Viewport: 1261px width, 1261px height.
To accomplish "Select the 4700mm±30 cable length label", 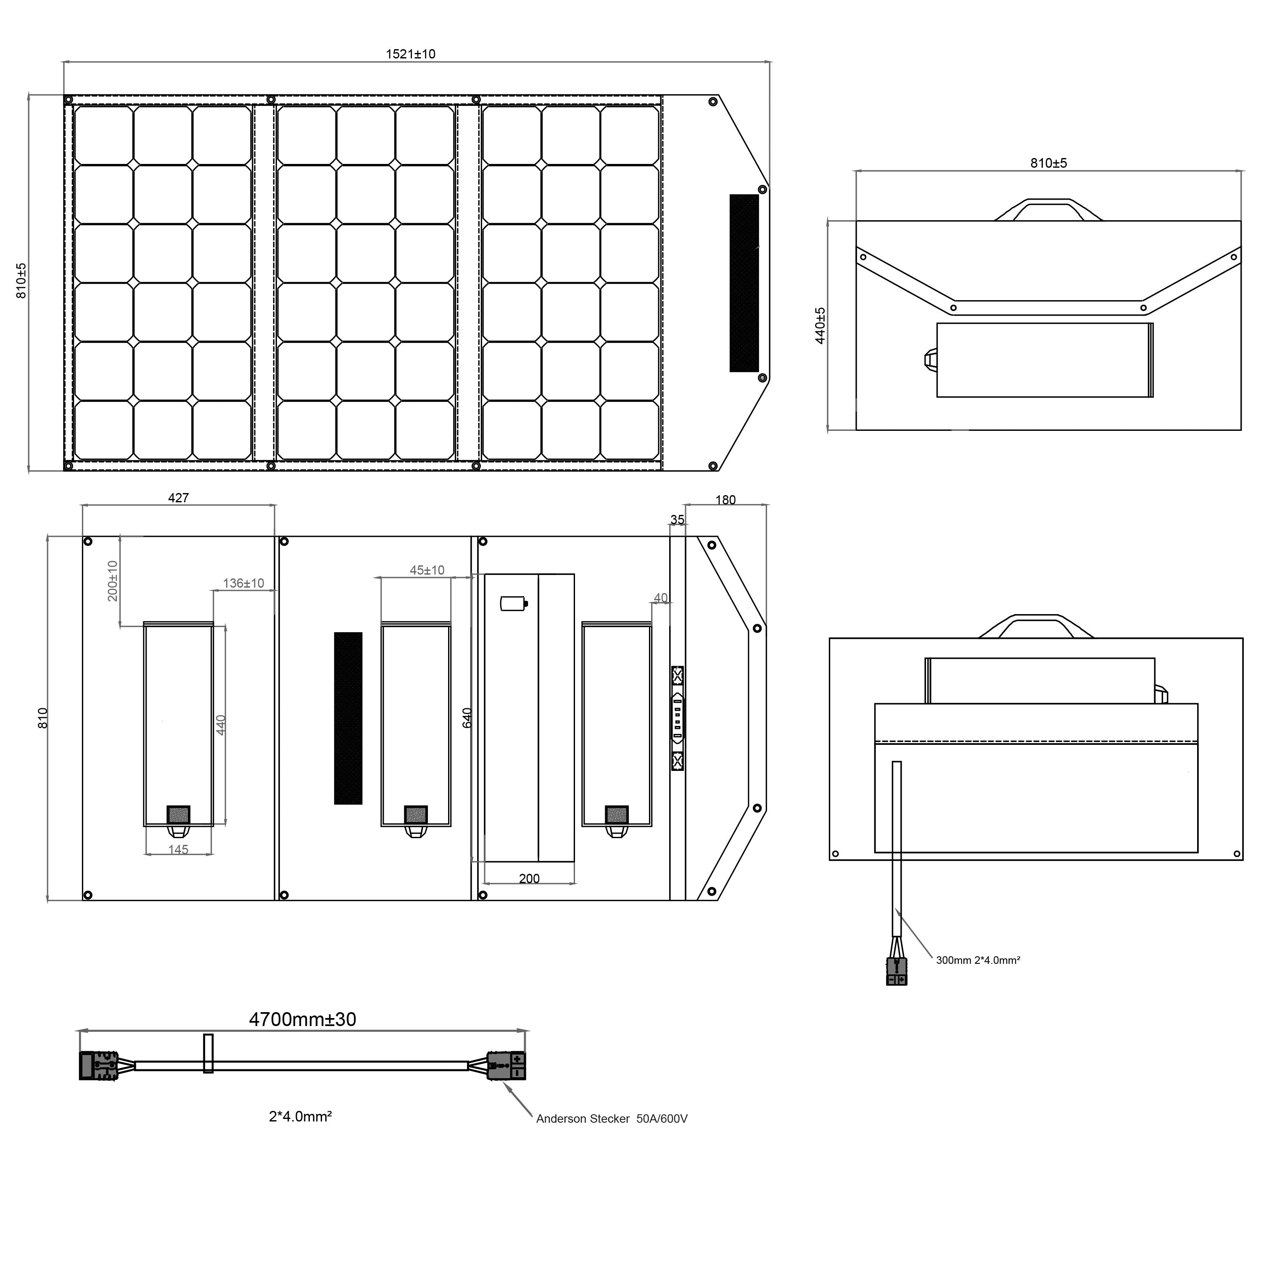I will pyautogui.click(x=302, y=1019).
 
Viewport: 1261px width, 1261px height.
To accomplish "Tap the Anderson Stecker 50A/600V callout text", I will pyautogui.click(x=612, y=1119).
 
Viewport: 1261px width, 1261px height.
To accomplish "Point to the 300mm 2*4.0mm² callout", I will pyautogui.click(x=978, y=960).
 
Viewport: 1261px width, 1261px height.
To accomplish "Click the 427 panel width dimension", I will pyautogui.click(x=178, y=498).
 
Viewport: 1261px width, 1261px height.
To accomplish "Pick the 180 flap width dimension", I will pyautogui.click(x=725, y=500).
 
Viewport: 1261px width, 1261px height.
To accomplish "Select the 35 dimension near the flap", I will pyautogui.click(x=678, y=520).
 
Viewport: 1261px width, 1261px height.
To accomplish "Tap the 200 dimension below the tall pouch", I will pyautogui.click(x=529, y=878).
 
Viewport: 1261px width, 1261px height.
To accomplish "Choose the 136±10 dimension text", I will pyautogui.click(x=243, y=583).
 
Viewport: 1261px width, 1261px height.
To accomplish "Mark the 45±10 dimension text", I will pyautogui.click(x=427, y=570).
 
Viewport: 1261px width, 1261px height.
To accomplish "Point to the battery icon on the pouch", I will pyautogui.click(x=513, y=603).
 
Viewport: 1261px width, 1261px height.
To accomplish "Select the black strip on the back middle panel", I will pyautogui.click(x=348, y=718).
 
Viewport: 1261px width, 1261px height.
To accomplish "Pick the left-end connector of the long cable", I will pyautogui.click(x=98, y=1066).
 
